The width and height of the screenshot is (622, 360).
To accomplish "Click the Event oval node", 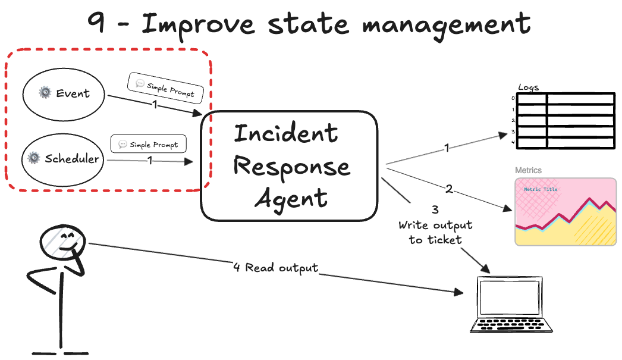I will coord(64,94).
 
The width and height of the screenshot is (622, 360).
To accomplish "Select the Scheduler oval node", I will coord(64,158).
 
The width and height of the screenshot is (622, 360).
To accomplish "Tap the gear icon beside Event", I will coord(45,93).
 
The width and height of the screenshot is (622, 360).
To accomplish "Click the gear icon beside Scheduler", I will coord(34,158).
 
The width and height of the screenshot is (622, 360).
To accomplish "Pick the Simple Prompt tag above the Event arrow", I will coord(165,89).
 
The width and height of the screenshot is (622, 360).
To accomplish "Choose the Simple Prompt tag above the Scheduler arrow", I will coord(149,145).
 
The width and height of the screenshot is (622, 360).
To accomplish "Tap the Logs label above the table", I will coord(528,87).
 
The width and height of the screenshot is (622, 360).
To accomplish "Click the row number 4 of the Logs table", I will coord(513,142).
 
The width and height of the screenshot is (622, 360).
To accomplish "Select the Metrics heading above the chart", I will coord(528,170).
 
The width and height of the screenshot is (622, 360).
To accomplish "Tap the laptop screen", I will coord(511,298).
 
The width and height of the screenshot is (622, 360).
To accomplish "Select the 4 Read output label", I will coord(276,268).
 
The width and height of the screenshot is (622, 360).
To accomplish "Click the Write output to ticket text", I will coord(435,232).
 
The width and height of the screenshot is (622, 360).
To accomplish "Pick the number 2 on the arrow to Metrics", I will coord(449,190).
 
